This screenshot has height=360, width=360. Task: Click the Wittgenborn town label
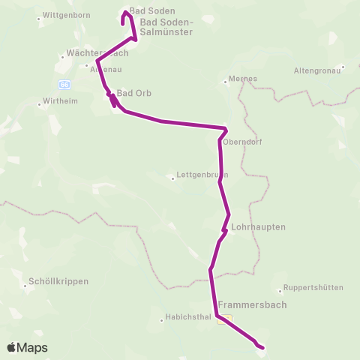pyautogui.click(x=46, y=15)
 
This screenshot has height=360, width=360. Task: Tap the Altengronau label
pyautogui.click(x=317, y=71)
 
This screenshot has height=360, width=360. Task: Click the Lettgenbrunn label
pyautogui.click(x=196, y=177)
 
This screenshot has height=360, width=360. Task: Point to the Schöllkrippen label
pyautogui.click(x=58, y=281)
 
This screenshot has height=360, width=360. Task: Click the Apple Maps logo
pyautogui.click(x=26, y=347)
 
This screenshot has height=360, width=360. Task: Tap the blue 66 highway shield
pyautogui.click(x=64, y=84)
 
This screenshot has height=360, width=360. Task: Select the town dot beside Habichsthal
pyautogui.click(x=162, y=320)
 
